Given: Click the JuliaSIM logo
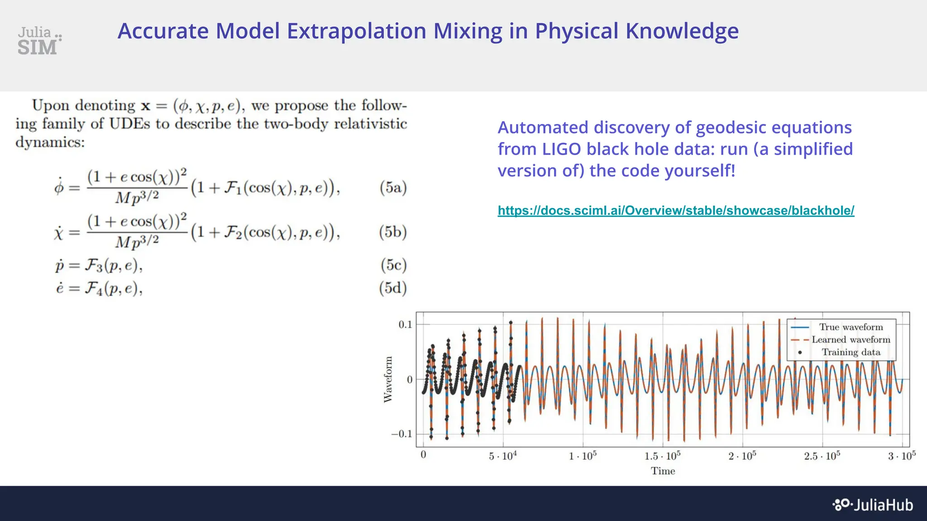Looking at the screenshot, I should coord(39,41).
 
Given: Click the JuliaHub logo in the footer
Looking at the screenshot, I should coord(873,505).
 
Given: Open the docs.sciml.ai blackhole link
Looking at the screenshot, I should coord(675,210).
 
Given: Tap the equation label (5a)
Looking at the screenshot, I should coord(393,187).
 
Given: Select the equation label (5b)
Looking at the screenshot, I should coord(393,232).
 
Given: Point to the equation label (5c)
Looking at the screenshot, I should coord(393,265).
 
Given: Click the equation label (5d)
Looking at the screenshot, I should coord(393,288).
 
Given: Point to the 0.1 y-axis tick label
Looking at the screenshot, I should coord(405,324).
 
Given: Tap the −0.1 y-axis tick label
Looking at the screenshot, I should coord(402,434).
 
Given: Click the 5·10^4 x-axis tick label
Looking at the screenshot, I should coord(502,456).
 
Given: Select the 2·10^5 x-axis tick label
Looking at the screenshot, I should coord(742,456).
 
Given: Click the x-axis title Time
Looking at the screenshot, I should coord(663,471).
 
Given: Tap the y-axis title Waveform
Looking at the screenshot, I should coord(388,379).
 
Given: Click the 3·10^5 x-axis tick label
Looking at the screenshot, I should coord(901,456).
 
